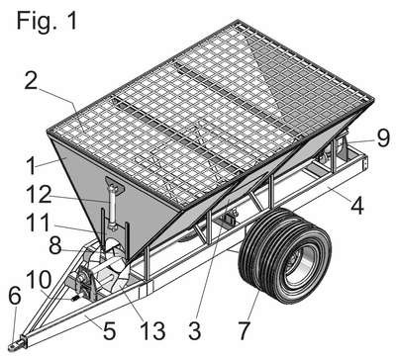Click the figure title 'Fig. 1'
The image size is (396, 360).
(x=48, y=21)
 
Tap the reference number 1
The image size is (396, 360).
(x=31, y=166)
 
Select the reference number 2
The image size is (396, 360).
(x=31, y=81)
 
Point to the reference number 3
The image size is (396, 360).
(x=195, y=330)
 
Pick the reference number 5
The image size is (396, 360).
(x=109, y=330)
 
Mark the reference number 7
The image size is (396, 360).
(x=245, y=330)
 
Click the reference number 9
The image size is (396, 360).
(x=383, y=138)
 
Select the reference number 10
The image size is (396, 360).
(x=39, y=280)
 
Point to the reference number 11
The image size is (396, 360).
(x=39, y=223)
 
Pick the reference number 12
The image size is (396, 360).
(x=39, y=194)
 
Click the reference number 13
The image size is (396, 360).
(x=152, y=330)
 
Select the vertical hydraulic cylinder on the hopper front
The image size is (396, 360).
(x=113, y=208)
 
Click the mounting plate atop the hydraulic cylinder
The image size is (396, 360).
(x=114, y=184)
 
